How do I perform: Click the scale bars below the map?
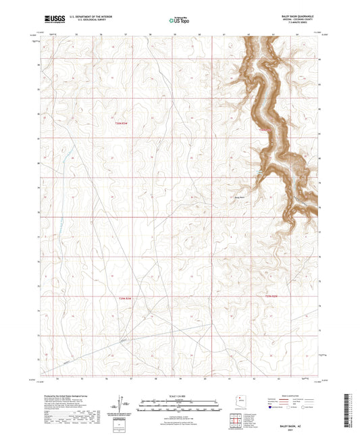point(180,405)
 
